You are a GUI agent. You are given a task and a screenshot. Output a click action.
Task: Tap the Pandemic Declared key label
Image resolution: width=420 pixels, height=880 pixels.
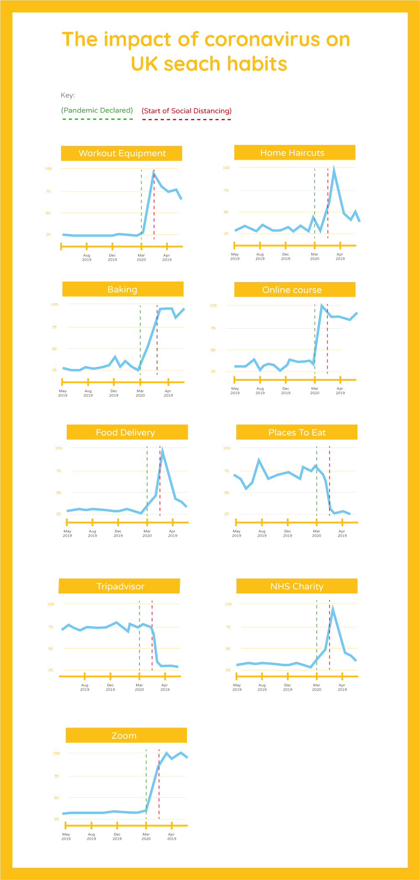(97, 110)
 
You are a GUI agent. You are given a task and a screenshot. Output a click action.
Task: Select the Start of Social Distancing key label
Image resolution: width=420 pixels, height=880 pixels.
(186, 111)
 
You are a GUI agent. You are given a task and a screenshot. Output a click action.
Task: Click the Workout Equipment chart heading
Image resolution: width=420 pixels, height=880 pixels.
(122, 153)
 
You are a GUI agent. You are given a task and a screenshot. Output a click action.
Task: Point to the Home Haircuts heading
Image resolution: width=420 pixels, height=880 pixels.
(292, 153)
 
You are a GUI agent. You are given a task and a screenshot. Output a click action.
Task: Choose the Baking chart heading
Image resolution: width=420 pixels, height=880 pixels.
(122, 290)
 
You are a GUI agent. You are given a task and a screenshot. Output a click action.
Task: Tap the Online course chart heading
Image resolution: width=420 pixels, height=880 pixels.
(292, 290)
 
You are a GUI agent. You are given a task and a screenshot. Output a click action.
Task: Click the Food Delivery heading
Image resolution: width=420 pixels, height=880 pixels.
(125, 432)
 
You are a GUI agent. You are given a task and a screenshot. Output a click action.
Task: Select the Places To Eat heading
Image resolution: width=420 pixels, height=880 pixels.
(297, 432)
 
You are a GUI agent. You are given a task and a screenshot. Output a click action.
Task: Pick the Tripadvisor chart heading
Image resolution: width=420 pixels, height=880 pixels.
(120, 586)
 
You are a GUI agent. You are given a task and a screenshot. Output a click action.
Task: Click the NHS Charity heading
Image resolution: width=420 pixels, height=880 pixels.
(297, 586)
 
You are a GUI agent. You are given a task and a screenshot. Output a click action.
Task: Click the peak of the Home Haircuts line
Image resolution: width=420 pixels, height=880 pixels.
(334, 169)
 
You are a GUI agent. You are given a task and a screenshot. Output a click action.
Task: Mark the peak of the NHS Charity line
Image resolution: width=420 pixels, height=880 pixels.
(333, 608)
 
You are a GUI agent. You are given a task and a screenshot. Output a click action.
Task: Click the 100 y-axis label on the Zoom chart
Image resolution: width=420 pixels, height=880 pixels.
(56, 753)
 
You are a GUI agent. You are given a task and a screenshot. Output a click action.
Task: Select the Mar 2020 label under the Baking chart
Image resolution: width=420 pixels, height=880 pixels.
(140, 393)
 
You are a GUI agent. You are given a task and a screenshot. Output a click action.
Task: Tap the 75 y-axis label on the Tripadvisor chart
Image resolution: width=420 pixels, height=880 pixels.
(50, 627)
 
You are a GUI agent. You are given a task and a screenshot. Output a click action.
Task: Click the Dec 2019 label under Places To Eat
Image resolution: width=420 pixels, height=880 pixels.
(288, 533)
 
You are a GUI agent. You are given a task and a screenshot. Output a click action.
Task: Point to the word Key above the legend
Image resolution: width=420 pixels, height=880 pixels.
(68, 95)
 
